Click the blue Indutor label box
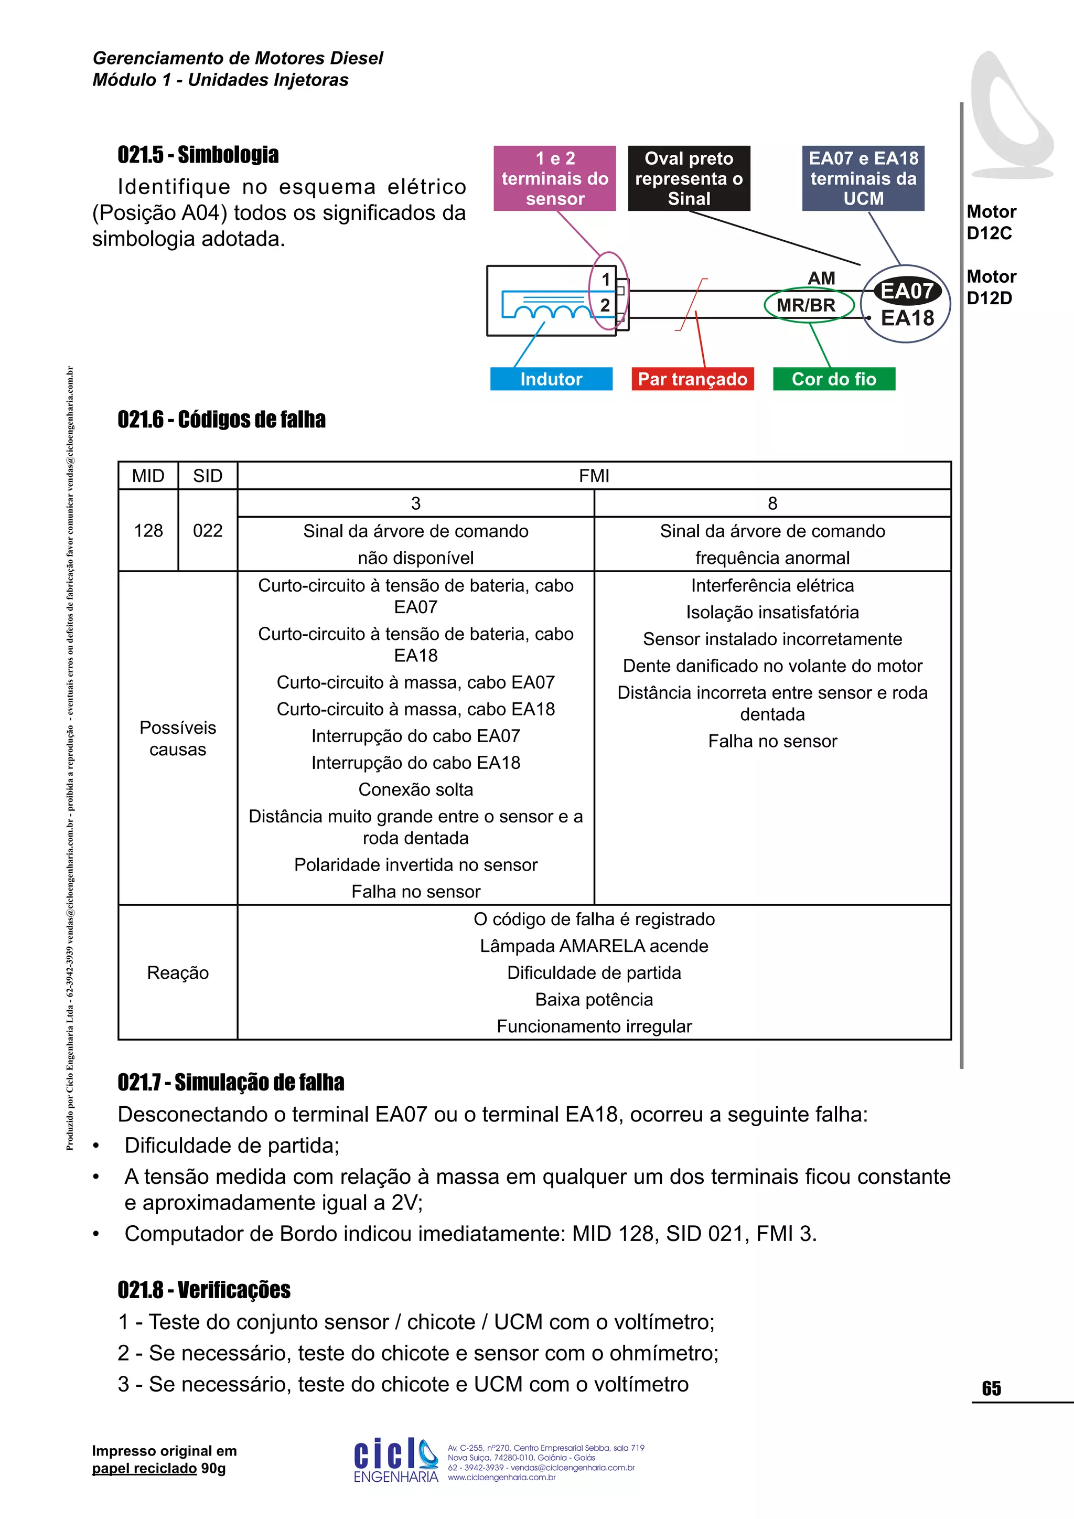551,379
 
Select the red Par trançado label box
692,379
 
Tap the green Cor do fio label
834,379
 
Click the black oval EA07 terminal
907,291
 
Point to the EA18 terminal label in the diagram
907,318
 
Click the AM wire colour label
821,279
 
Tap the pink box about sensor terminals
555,179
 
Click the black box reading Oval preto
689,179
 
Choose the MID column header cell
148,476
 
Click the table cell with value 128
148,531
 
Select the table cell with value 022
208,531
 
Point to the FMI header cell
594,476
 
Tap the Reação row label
178,972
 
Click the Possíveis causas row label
178,739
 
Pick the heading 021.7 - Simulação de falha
231,1083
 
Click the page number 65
991,1389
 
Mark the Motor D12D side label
991,287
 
